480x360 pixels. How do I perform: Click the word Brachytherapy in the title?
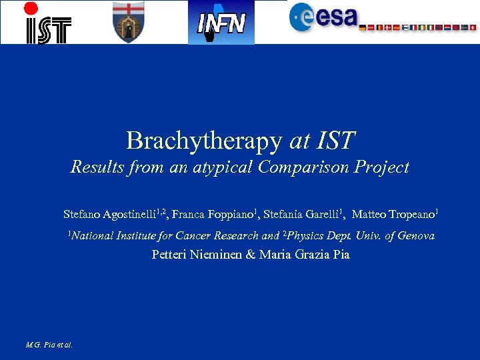tap(204, 141)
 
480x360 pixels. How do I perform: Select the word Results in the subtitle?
tap(98, 167)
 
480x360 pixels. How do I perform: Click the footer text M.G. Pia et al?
tap(49, 345)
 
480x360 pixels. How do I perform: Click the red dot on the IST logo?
tap(31, 9)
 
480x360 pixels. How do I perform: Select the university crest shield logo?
tap(128, 22)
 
